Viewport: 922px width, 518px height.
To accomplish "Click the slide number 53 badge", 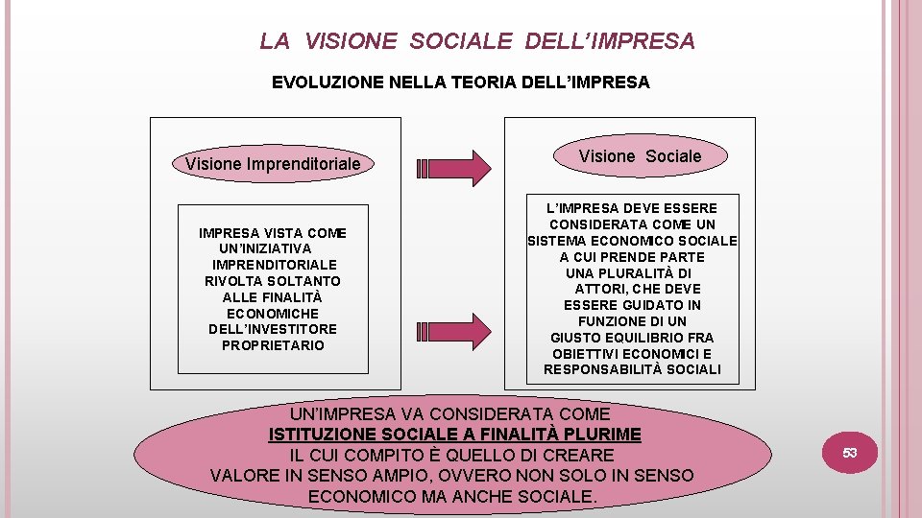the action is click(850, 452).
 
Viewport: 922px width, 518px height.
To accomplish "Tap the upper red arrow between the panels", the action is click(457, 167).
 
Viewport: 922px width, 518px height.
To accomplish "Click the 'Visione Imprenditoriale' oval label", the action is click(273, 164).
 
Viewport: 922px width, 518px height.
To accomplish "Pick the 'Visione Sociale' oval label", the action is click(640, 156).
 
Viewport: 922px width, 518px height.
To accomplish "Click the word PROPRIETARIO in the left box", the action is click(273, 345).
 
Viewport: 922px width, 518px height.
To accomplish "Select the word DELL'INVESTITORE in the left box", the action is click(273, 329).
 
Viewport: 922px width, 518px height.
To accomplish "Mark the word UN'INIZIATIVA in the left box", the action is click(265, 248).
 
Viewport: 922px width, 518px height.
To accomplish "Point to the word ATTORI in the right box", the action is click(603, 289).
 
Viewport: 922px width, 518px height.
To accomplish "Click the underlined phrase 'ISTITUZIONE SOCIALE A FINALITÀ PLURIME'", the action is click(454, 435).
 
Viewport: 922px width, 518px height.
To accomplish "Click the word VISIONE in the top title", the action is click(350, 41).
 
